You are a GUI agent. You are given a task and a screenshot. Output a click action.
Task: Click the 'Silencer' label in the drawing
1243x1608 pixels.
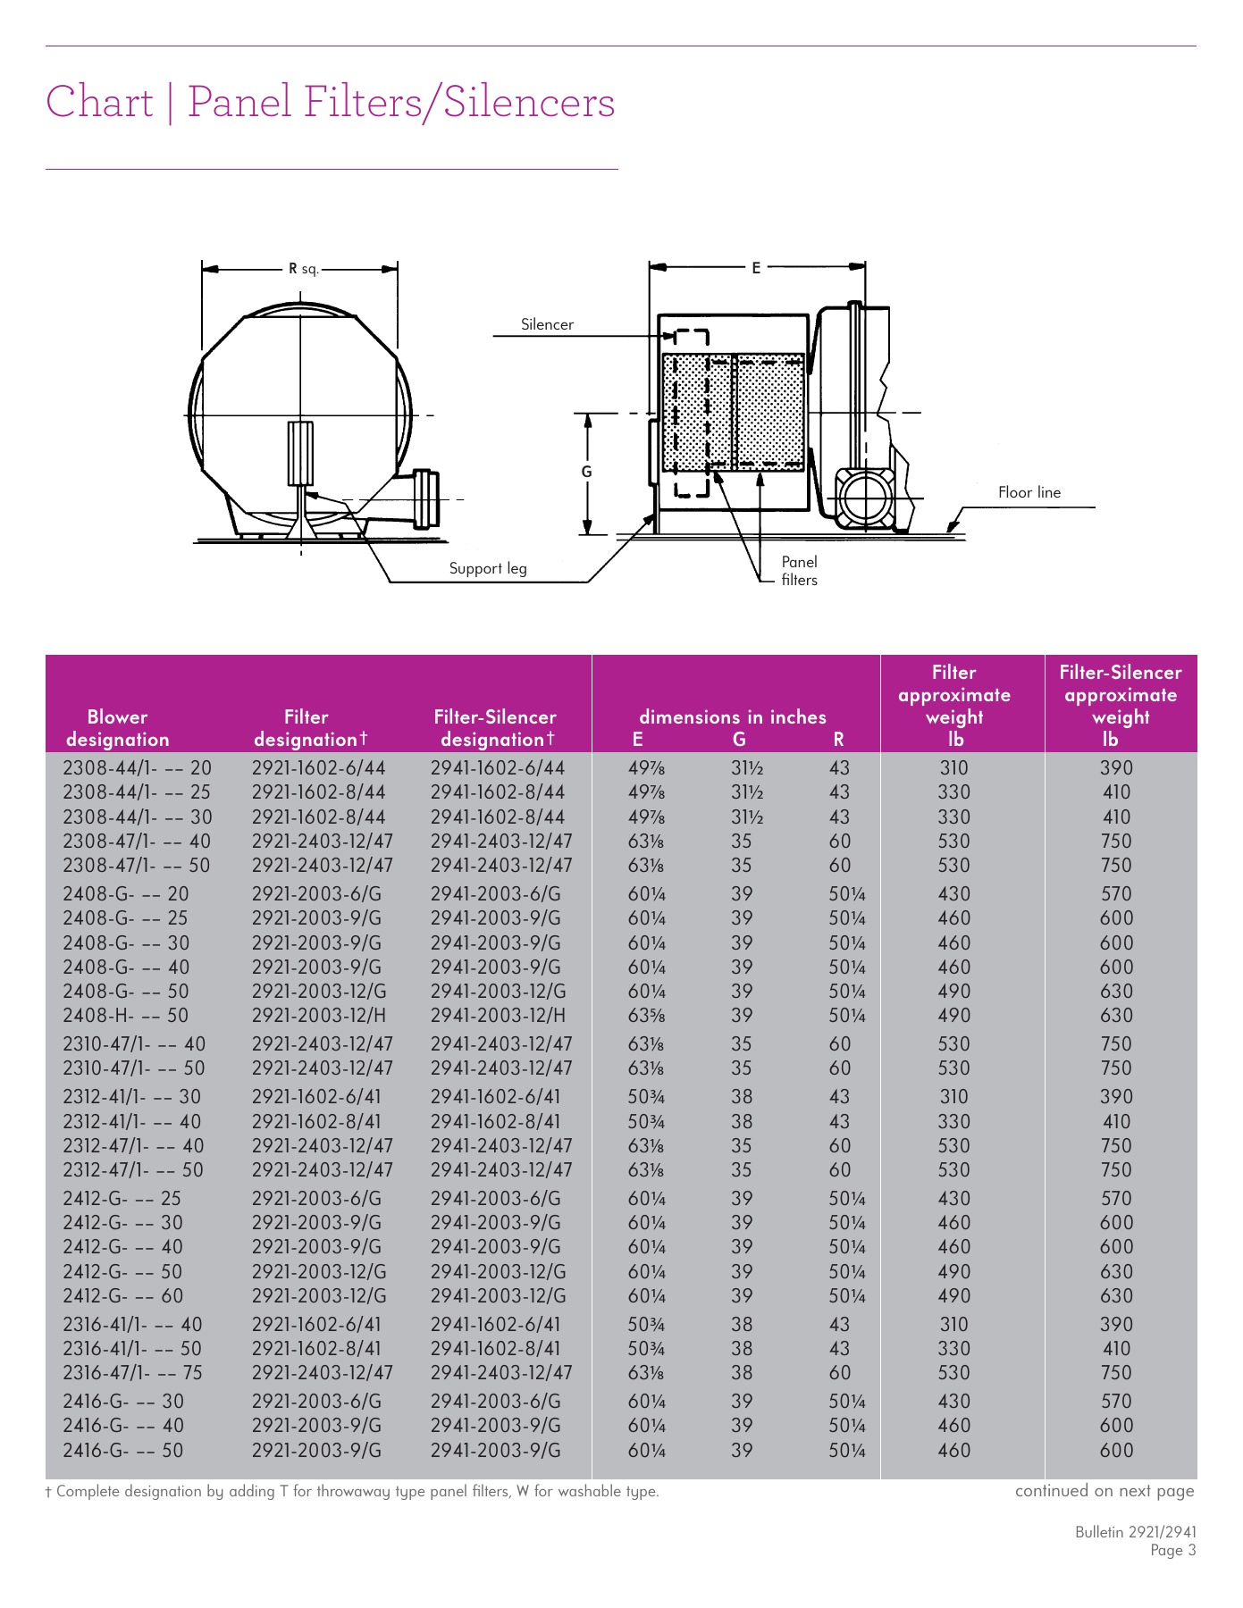(x=547, y=324)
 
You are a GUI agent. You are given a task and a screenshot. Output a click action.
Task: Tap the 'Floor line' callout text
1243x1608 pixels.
(x=1029, y=492)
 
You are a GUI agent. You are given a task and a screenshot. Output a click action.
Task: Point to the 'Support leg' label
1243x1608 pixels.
(x=487, y=568)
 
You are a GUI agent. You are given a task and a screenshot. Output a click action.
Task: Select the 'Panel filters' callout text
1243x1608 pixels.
(x=799, y=570)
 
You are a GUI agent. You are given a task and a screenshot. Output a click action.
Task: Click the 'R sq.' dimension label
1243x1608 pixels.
(x=303, y=268)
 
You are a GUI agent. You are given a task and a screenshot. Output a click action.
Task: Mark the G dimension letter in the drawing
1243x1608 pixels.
(x=587, y=472)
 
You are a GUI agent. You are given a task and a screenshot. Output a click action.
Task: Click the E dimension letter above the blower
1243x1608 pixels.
(x=756, y=267)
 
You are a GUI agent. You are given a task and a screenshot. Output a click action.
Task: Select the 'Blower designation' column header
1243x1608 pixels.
(x=117, y=728)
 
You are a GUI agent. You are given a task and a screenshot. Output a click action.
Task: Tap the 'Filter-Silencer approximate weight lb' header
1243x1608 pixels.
(x=1120, y=705)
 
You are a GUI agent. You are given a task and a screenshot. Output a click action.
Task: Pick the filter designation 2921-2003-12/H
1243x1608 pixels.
(x=319, y=1016)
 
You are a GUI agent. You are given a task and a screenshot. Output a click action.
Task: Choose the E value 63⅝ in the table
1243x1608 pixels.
(x=646, y=1016)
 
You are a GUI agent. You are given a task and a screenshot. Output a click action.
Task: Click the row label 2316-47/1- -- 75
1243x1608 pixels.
(x=132, y=1373)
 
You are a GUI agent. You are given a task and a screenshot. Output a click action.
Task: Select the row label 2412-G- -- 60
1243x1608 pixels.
(x=122, y=1296)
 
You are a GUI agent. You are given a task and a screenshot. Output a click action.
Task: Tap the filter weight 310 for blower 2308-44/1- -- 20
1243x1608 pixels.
(x=953, y=768)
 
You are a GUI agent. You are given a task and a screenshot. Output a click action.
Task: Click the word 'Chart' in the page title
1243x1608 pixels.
(x=99, y=102)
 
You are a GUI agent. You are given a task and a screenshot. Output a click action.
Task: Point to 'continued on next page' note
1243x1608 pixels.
(x=1104, y=1491)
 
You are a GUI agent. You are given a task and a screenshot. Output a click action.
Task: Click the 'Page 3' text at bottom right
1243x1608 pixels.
(x=1172, y=1551)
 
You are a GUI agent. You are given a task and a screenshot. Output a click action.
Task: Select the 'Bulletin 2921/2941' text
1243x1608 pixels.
(x=1135, y=1532)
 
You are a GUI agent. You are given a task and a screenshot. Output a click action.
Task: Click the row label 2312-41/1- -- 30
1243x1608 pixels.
(x=131, y=1097)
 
